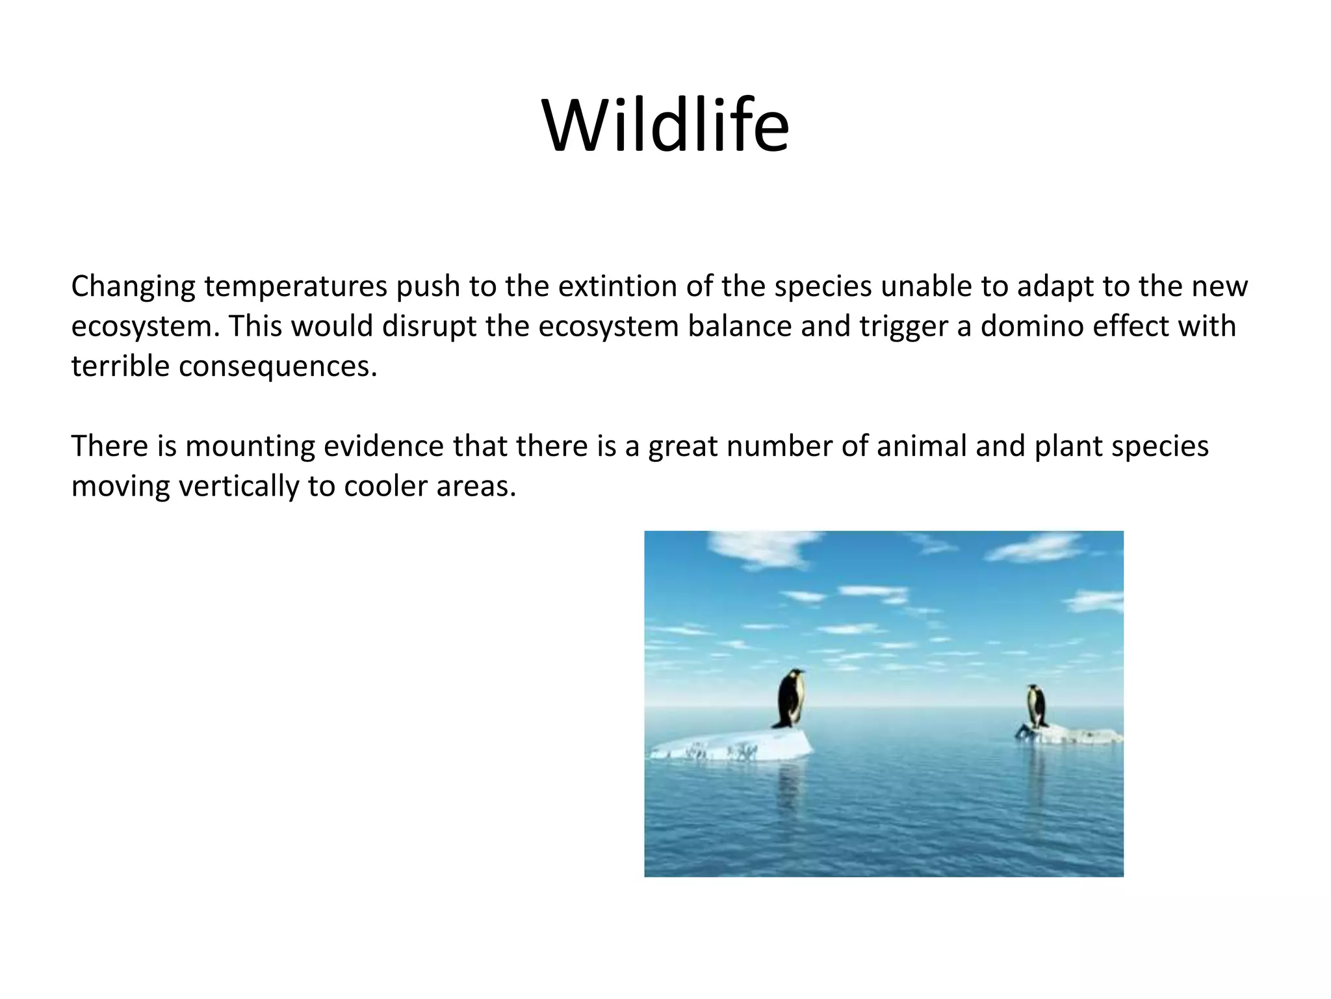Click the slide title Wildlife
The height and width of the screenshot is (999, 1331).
pyautogui.click(x=665, y=126)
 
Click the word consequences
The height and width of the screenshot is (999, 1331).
pyautogui.click(x=278, y=367)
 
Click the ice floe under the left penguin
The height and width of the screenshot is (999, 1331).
pyautogui.click(x=734, y=745)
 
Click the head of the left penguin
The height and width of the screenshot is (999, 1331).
pyautogui.click(x=794, y=674)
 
